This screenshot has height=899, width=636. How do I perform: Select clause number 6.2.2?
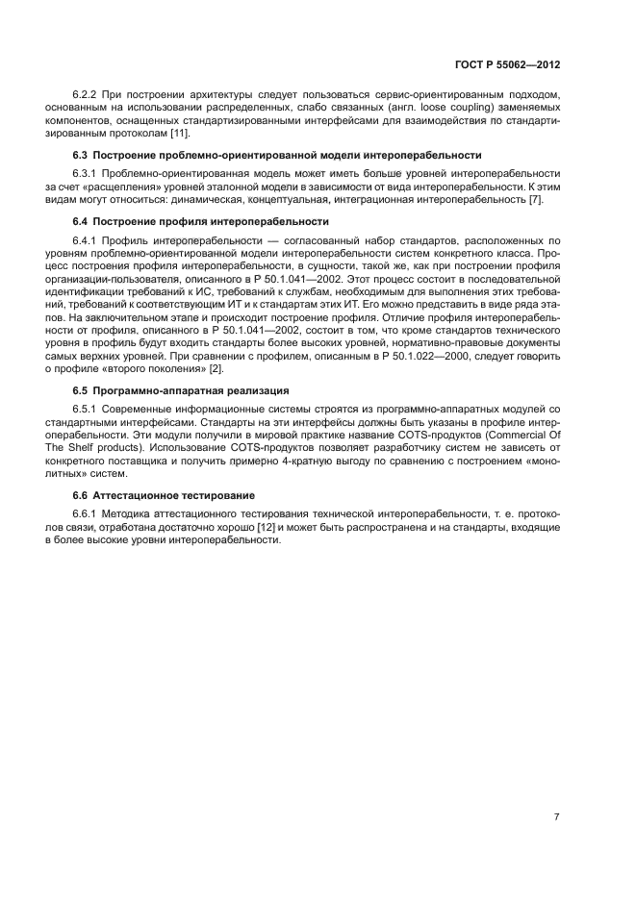[x=86, y=95]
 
